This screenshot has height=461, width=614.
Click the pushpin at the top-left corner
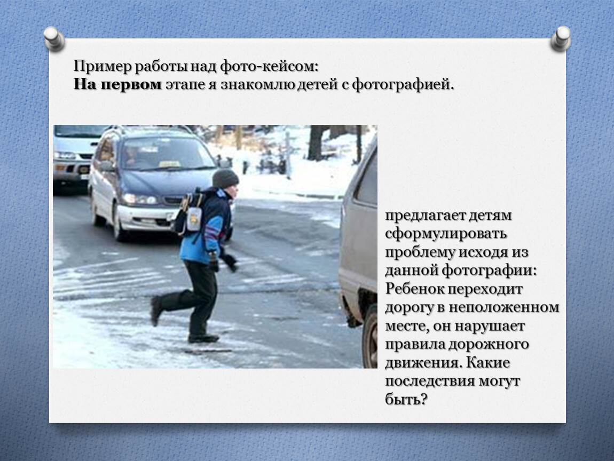click(x=54, y=39)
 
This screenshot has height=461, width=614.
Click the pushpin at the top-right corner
click(x=561, y=39)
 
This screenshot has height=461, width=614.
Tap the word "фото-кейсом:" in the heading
click(x=269, y=67)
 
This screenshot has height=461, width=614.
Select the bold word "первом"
click(x=131, y=84)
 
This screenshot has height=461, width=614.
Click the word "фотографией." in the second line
click(x=403, y=84)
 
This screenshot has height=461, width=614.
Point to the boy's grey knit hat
click(x=225, y=178)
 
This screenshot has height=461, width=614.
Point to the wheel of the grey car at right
click(x=370, y=337)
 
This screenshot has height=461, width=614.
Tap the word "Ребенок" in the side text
click(x=414, y=289)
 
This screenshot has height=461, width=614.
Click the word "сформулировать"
click(x=446, y=234)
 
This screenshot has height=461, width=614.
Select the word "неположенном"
click(x=504, y=307)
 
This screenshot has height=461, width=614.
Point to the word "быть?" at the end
click(x=406, y=399)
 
